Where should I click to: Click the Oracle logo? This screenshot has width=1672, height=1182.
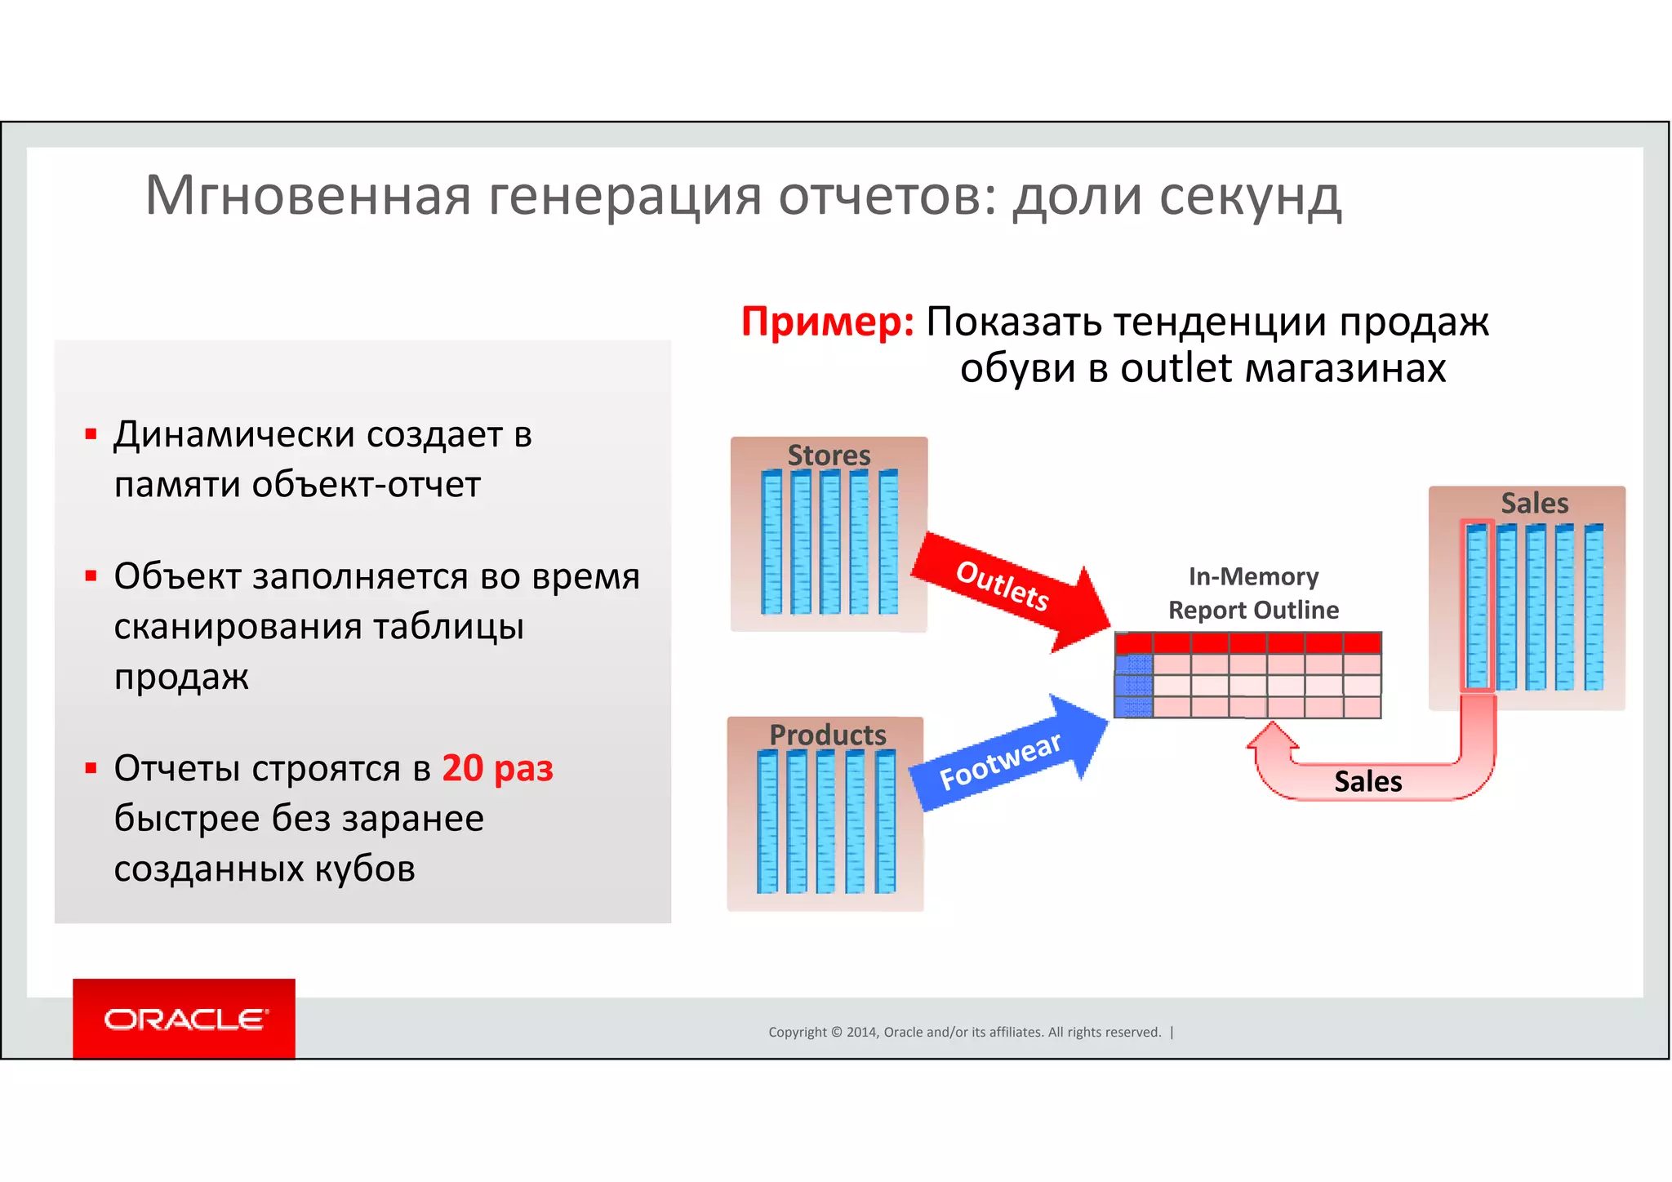(184, 1019)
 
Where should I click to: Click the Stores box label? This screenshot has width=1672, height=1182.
(829, 455)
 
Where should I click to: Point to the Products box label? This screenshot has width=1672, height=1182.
(827, 735)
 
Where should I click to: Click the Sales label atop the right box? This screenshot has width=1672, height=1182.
(1534, 503)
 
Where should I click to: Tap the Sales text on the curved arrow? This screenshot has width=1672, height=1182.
(1367, 781)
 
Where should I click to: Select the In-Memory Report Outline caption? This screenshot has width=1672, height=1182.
(1253, 593)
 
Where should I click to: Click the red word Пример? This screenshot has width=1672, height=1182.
(827, 322)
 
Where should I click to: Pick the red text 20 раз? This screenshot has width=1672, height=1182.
(497, 768)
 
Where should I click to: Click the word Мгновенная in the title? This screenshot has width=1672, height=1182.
(308, 196)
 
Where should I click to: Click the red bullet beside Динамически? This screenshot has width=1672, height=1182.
(91, 434)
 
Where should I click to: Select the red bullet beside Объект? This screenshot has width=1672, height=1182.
(91, 576)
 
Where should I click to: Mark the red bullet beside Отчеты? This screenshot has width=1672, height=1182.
(91, 768)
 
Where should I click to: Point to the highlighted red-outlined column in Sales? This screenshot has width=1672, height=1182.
(1476, 606)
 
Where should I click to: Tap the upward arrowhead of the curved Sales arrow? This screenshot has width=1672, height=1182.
(1272, 735)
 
